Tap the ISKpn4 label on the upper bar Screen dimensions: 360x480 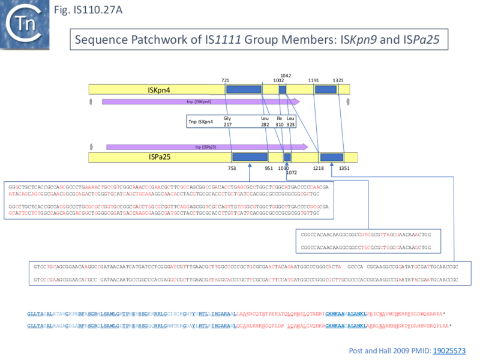click(159, 89)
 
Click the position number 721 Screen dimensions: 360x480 click(226, 80)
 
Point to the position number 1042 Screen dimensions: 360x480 click(286, 76)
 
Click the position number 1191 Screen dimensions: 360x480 click(313, 80)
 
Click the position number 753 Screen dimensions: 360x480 click(232, 169)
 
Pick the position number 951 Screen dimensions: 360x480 click(268, 169)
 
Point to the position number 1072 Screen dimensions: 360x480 click(292, 173)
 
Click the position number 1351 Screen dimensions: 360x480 click(344, 169)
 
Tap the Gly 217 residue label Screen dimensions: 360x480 click(227, 121)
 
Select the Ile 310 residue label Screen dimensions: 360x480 click(280, 121)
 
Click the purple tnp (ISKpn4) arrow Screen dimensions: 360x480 click(192, 101)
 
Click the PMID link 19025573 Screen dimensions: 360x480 click(448, 349)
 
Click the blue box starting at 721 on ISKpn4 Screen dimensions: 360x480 click(244, 89)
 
